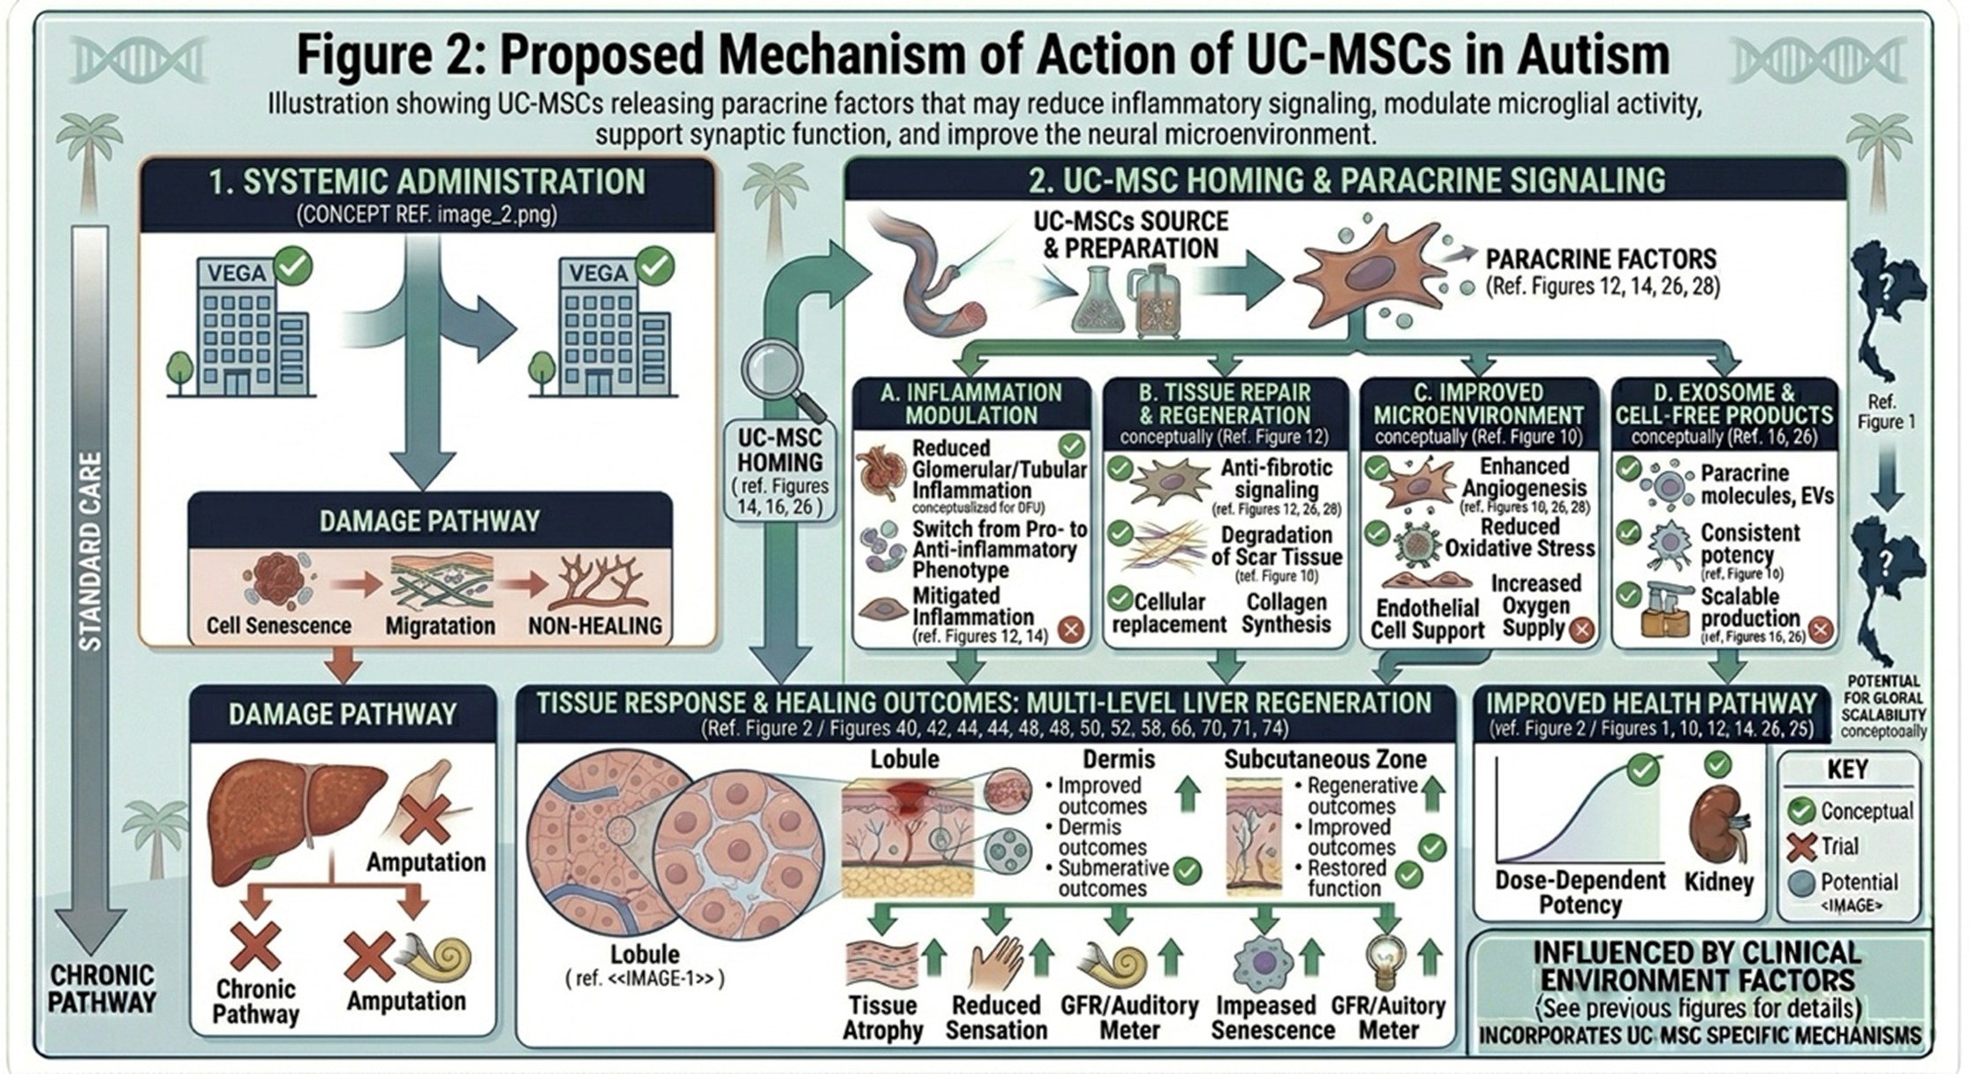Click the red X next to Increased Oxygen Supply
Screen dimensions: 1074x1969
[x=1581, y=629]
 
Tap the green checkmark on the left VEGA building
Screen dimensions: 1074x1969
[x=293, y=266]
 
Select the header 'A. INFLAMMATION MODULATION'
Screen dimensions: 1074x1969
[x=971, y=404]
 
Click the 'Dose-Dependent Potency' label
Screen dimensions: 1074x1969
[x=1580, y=892]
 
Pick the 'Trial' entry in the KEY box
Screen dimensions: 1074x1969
[x=1839, y=846]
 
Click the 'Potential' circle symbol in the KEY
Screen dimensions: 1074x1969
[x=1800, y=882]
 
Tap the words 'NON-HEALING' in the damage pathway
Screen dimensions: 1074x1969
[x=595, y=626]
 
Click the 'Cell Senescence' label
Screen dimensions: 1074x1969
[x=279, y=626]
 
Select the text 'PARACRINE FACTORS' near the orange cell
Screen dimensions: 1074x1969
[x=1600, y=259]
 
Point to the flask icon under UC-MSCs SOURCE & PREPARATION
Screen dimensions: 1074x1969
[x=1098, y=305]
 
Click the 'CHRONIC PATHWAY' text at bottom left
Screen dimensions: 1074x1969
[x=102, y=989]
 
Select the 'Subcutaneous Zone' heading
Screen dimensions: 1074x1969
[x=1325, y=759]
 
